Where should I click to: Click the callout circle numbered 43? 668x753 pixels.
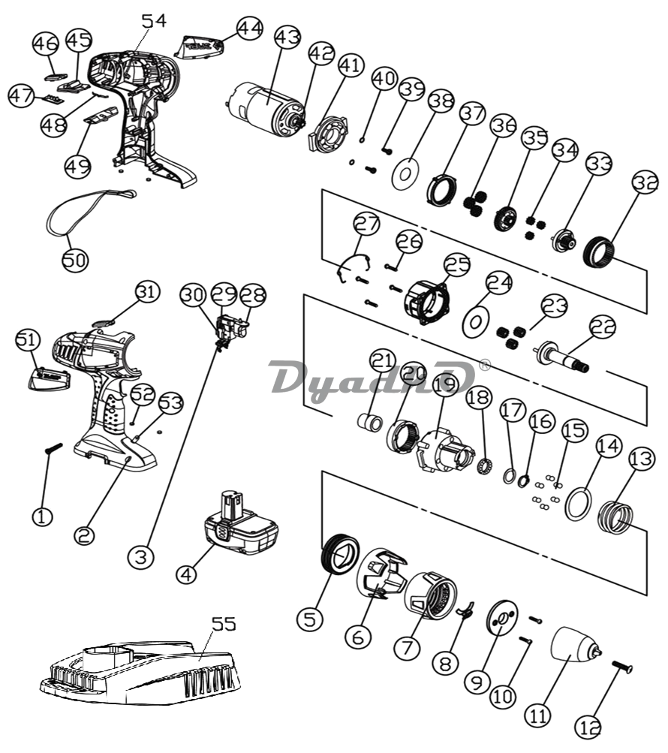point(287,36)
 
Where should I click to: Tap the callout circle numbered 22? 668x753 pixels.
point(602,327)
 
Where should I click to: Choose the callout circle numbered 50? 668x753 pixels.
point(75,259)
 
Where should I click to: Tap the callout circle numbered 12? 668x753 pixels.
point(589,727)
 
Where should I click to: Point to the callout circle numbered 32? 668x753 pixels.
point(645,183)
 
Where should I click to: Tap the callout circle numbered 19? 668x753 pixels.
point(444,383)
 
